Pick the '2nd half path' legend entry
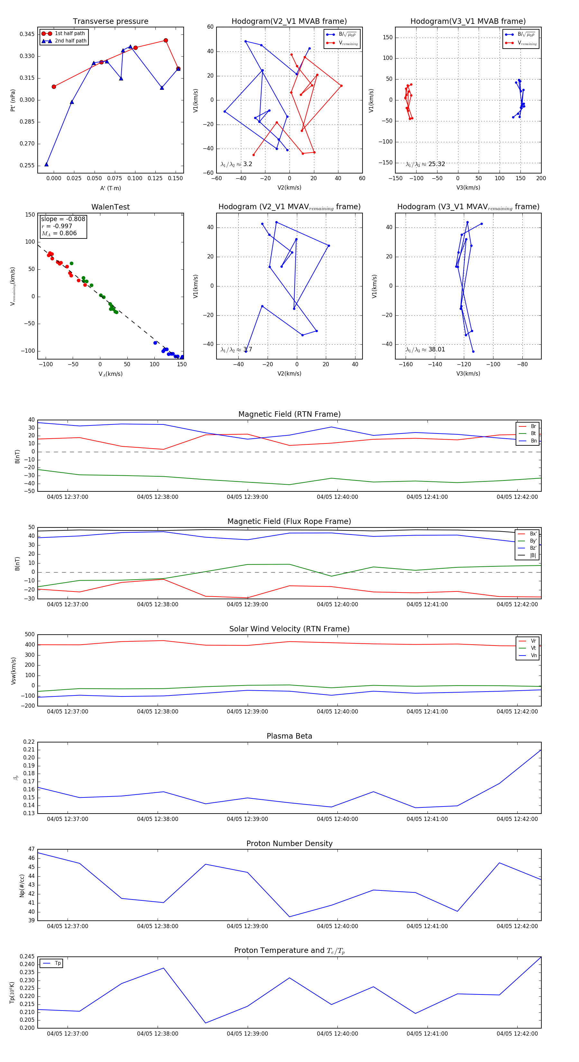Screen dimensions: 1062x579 tap(70, 41)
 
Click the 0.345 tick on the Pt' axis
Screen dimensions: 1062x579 tap(27, 34)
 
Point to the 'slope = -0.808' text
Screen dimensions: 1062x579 tap(63, 219)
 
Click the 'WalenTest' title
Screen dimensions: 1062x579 tap(110, 207)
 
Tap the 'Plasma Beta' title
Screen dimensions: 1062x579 tap(289, 736)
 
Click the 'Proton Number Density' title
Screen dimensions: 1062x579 tap(289, 843)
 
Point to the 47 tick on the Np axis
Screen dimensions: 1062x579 tap(31, 849)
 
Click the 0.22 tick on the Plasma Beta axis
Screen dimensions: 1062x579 tap(29, 742)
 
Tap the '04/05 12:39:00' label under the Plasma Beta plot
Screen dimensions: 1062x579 tap(247, 819)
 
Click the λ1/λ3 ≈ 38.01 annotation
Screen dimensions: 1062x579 tap(425, 349)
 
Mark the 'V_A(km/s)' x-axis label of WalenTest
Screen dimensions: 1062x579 tap(110, 374)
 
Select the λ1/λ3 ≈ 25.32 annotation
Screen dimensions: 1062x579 tap(425, 164)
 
